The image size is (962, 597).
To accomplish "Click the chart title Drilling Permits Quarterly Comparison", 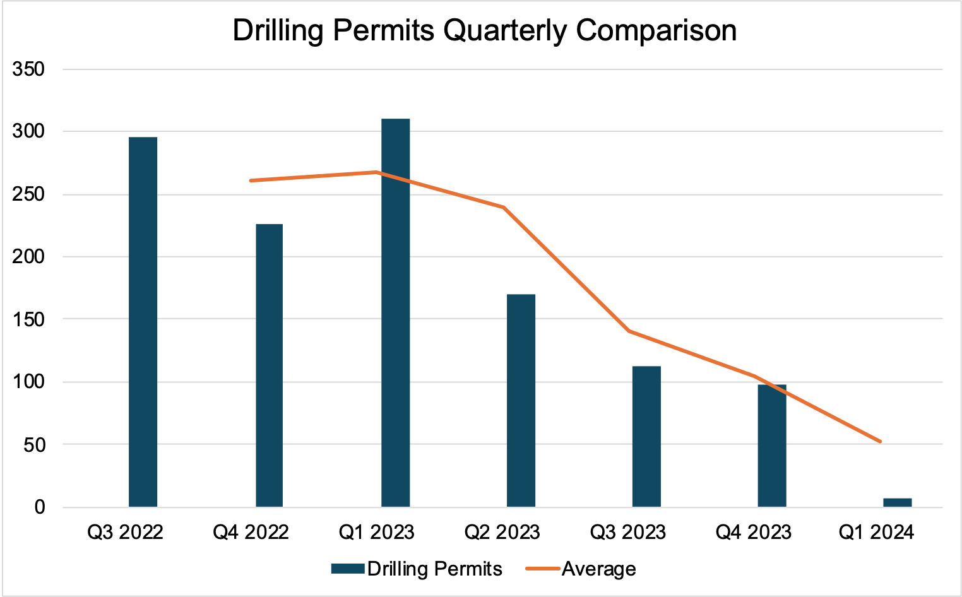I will click(x=484, y=30).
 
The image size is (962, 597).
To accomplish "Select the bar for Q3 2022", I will click(x=143, y=322).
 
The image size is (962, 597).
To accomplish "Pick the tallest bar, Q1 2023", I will click(x=396, y=312).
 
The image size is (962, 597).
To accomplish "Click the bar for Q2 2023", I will click(x=521, y=400).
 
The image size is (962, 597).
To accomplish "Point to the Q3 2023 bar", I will click(x=646, y=436).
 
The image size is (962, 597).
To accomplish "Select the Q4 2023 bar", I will click(x=772, y=446).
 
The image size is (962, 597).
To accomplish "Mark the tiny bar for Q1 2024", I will click(x=897, y=502).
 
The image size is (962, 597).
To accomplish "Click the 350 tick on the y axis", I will click(x=28, y=69).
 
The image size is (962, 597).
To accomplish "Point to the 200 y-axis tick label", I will click(x=28, y=257).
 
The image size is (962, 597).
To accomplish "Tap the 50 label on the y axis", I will click(x=34, y=444).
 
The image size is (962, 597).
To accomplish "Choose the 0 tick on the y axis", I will click(x=40, y=507).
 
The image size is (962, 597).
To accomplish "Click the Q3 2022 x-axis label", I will click(x=125, y=532).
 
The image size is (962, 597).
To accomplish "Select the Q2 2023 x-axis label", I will click(x=502, y=532).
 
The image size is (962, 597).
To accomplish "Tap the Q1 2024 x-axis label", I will click(x=876, y=532).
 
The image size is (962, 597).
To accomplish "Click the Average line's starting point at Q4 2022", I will click(x=251, y=180).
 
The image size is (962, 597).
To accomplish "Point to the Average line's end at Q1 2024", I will click(x=880, y=441).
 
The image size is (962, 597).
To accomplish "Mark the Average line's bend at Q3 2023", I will click(x=629, y=331).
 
